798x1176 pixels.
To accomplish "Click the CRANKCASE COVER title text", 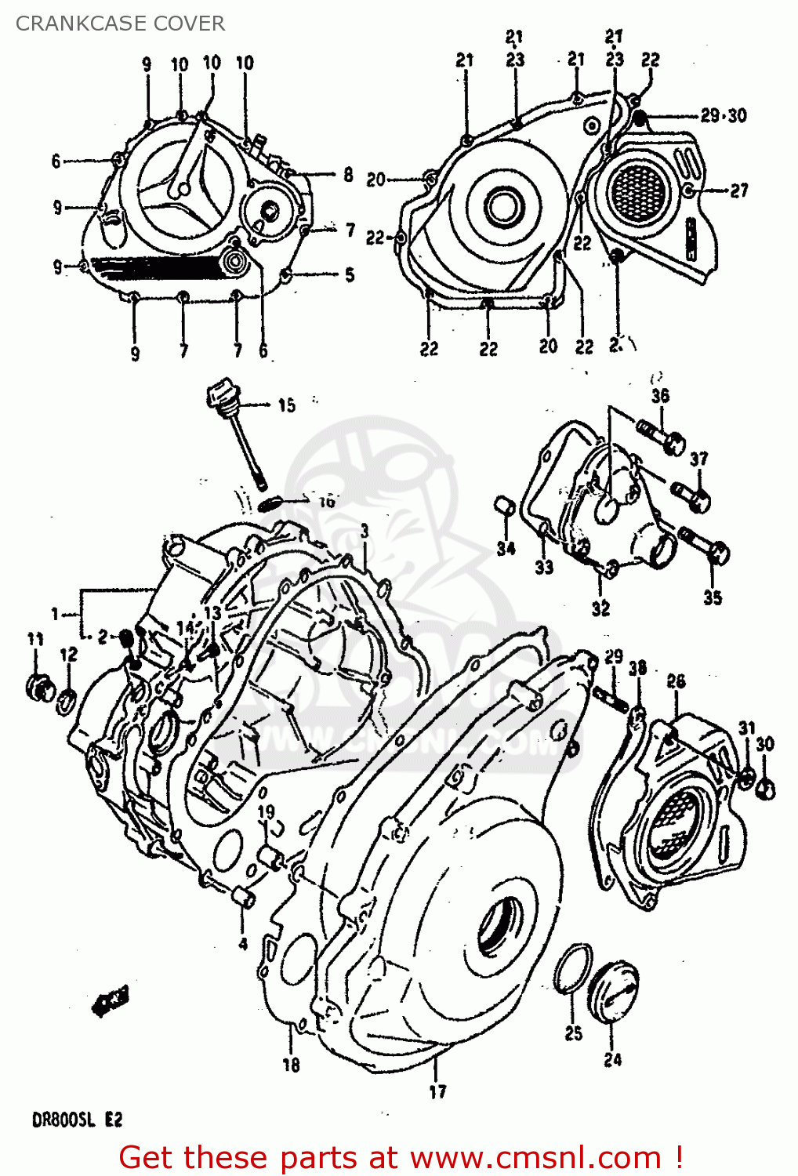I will coord(120,24).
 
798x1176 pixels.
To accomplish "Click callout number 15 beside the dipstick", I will coord(286,405).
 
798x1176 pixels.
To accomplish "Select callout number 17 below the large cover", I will coord(437,1091).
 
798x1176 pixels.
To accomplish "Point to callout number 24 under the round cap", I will coord(612,1059).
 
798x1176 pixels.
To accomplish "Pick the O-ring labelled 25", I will coord(572,969).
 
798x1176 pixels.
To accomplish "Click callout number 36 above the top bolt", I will coord(660,395).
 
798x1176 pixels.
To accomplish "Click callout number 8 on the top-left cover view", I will coord(348,175).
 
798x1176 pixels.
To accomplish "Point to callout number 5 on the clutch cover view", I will coord(350,274).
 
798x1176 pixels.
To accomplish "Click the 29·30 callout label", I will coord(723,116).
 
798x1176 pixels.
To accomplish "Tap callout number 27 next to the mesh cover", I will coord(738,190).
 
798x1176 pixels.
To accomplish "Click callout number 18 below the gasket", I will coord(291,1064).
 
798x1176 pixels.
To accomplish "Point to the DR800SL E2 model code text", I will coord(77,1120).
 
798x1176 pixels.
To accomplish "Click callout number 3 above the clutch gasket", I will coord(365,532).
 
